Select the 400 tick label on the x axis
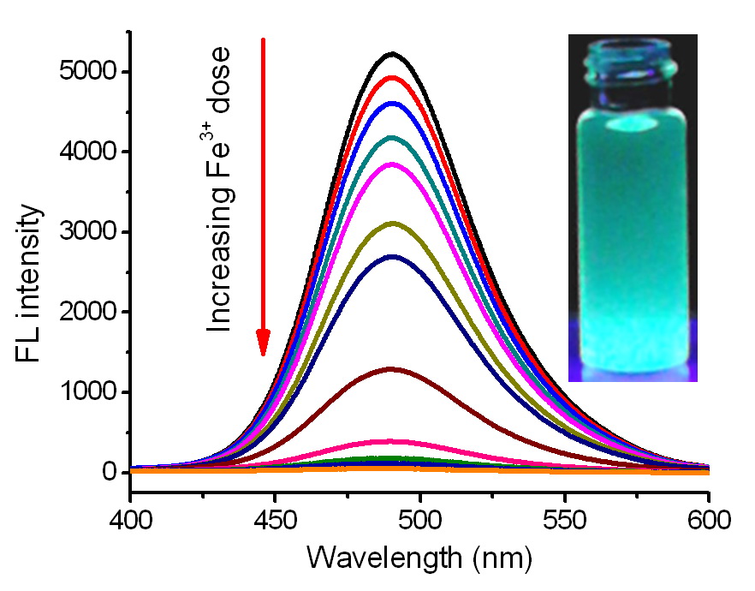tap(130, 517)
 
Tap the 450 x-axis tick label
tap(275, 517)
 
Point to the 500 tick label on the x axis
tap(419, 517)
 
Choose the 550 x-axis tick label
tap(564, 517)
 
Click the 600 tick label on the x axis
tap(707, 517)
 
